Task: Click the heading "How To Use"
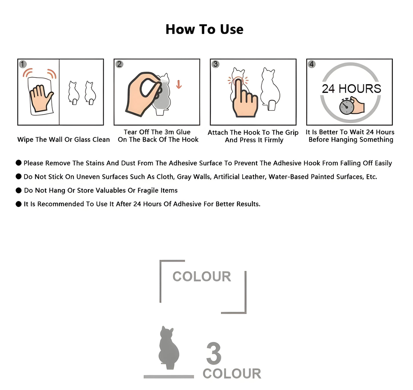204,29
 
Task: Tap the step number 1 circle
23,64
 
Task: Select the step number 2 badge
119,64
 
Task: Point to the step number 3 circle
216,64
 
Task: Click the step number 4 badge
312,64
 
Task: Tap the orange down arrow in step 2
179,84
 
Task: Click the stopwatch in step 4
346,107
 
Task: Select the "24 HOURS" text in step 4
352,89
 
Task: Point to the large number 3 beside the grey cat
214,353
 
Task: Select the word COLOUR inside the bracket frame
202,277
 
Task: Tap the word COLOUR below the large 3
232,374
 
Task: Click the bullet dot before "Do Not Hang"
19,190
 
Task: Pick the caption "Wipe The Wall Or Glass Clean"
63,139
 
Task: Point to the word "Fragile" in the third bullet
147,190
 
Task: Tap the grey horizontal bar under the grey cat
169,377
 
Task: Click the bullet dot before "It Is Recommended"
19,204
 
